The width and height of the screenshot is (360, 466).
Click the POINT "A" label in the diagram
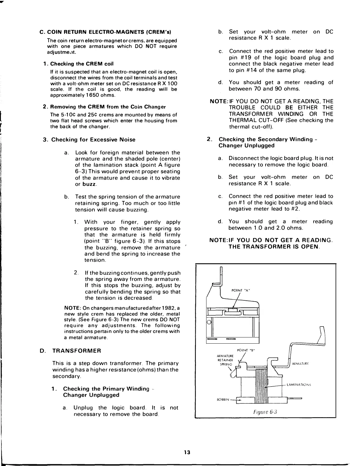pyautogui.click(x=241, y=290)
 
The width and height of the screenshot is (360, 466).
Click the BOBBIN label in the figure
pyautogui.click(x=223, y=400)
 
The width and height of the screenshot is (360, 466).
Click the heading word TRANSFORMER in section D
pyautogui.click(x=76, y=351)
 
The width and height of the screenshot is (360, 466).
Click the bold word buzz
pyautogui.click(x=89, y=184)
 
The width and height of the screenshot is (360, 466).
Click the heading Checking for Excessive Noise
pyautogui.click(x=93, y=140)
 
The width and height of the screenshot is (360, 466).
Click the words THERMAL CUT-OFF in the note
pyautogui.click(x=251, y=120)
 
